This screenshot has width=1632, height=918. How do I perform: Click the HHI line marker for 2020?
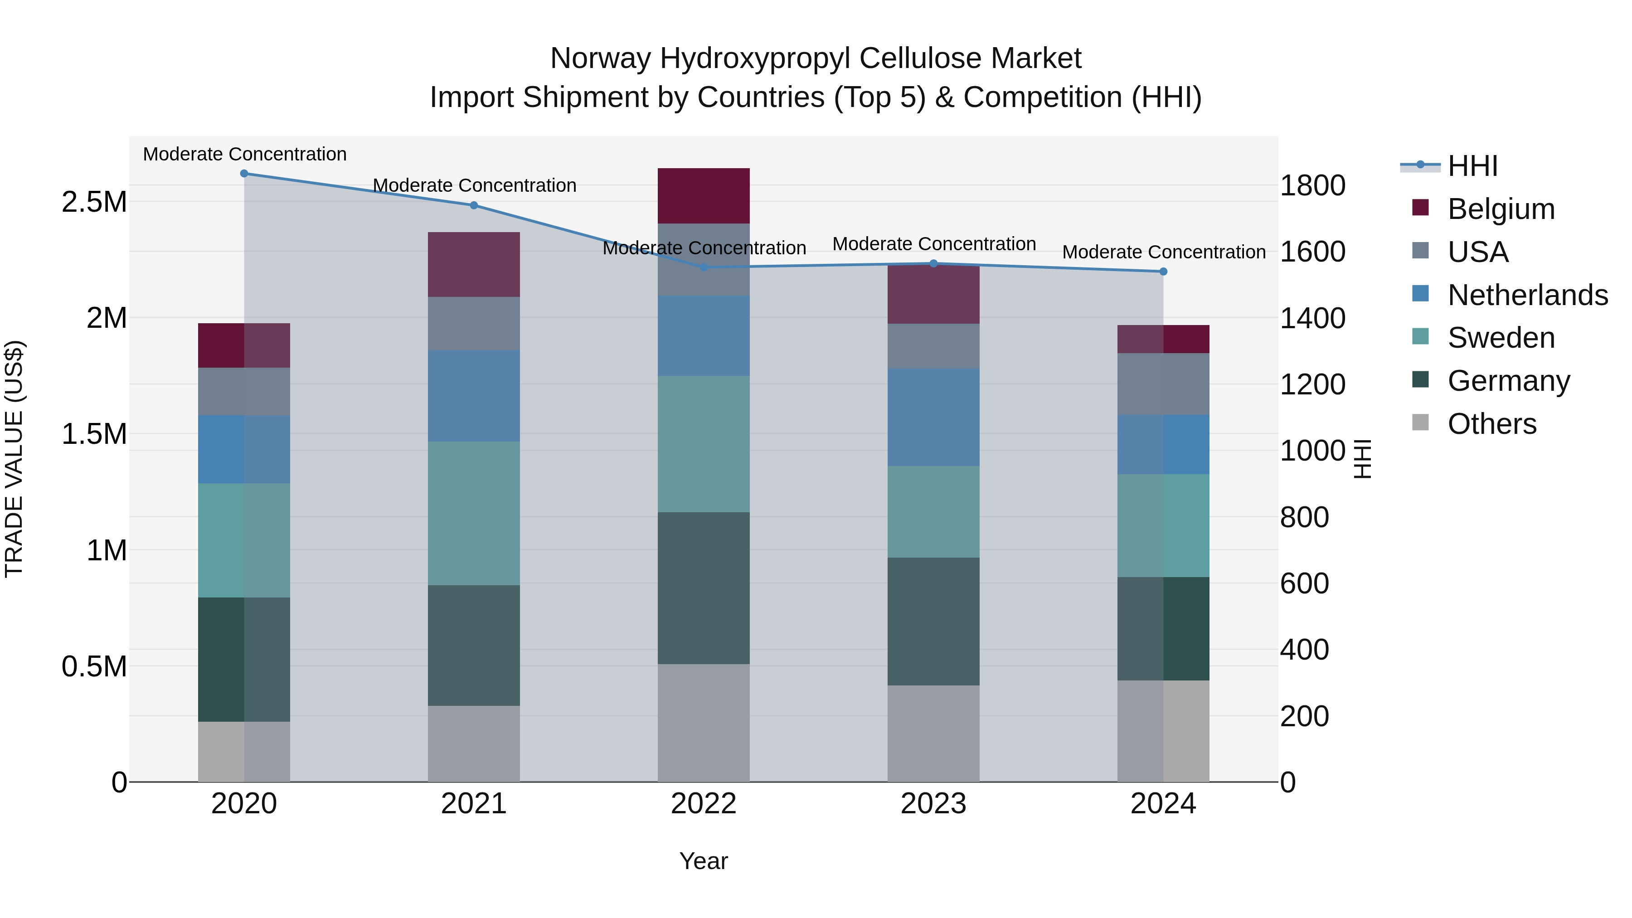pos(244,174)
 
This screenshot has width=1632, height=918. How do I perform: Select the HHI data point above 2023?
pos(933,263)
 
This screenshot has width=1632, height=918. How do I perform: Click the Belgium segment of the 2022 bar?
pos(703,196)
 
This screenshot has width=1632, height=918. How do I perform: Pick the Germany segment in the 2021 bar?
pos(474,645)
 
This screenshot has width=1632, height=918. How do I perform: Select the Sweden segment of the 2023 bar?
pos(933,512)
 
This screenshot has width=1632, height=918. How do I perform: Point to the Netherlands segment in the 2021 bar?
pos(474,396)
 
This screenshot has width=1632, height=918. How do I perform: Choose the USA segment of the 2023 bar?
pos(933,346)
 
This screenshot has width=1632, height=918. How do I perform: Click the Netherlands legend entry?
pos(1527,295)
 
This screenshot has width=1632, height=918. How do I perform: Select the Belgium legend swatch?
pos(1420,208)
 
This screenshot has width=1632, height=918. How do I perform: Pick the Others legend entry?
pos(1492,424)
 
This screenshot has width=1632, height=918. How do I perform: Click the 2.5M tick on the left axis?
pos(94,202)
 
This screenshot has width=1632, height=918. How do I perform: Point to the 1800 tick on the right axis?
pos(1313,185)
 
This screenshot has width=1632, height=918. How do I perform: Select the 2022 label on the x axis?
pos(703,804)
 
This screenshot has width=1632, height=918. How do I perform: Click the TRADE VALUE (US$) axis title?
pos(14,459)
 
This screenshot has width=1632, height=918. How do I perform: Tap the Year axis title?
pos(703,861)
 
